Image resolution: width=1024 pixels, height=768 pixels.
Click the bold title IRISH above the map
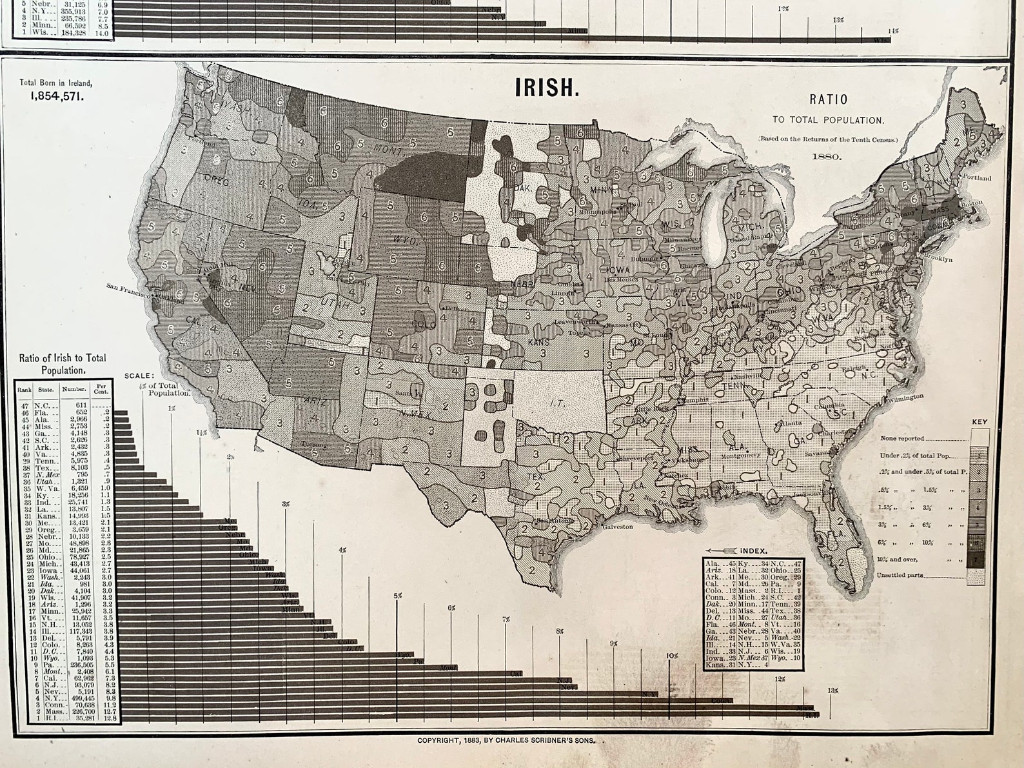(x=546, y=88)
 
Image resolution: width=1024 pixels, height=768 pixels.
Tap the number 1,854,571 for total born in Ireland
(x=56, y=96)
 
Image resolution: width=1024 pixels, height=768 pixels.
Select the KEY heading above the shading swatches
(x=980, y=422)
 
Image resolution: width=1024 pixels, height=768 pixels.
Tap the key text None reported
(x=902, y=438)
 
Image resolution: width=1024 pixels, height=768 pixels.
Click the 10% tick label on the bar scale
(x=672, y=656)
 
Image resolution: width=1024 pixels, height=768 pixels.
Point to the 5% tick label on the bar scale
(x=398, y=596)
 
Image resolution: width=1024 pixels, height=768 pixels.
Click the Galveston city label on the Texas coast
(x=618, y=527)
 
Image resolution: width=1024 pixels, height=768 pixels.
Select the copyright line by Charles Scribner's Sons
(x=506, y=741)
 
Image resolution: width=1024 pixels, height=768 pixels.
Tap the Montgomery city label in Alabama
(x=741, y=454)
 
